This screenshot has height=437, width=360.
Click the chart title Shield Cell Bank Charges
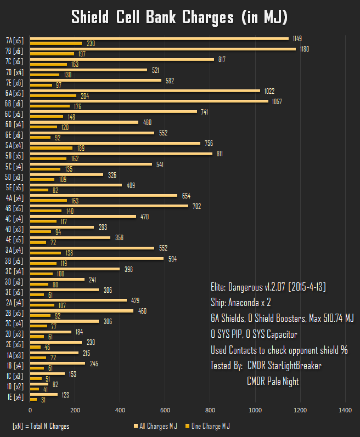pos(179,17)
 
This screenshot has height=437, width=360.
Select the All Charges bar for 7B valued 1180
pos(162,49)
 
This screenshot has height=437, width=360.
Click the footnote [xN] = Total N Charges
pos(41,425)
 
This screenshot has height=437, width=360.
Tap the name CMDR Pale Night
pos(273,381)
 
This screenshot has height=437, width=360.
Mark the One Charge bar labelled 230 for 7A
pos(56,43)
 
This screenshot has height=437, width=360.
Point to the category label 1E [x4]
pos(15,397)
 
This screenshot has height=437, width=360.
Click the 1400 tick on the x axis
pos(345,410)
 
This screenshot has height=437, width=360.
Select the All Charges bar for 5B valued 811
pos(121,154)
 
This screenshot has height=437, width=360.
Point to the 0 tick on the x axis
pos(30,410)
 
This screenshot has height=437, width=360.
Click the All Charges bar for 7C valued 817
pos(122,59)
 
